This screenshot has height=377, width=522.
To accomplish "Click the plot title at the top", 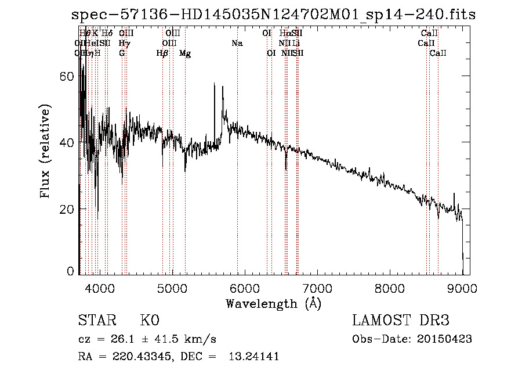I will tap(273, 15).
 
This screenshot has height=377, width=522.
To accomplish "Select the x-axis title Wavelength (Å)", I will tap(273, 303).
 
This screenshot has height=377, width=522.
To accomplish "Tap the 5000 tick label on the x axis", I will tap(172, 288).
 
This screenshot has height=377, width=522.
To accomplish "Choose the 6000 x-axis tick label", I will tap(244, 288).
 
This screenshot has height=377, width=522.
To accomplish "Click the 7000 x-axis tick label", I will tap(317, 288).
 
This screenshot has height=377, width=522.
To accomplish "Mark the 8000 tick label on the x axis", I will tap(390, 288).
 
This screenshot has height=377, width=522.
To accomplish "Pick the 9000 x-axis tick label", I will tap(462, 288).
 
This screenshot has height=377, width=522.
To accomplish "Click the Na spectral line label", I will tap(237, 44).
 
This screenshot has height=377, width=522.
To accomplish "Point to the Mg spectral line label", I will tap(185, 53).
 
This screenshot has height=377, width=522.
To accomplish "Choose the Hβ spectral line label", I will tap(162, 53).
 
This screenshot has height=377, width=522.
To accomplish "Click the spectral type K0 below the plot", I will tap(150, 321).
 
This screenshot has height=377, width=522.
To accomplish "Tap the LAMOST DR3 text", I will tap(401, 321).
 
